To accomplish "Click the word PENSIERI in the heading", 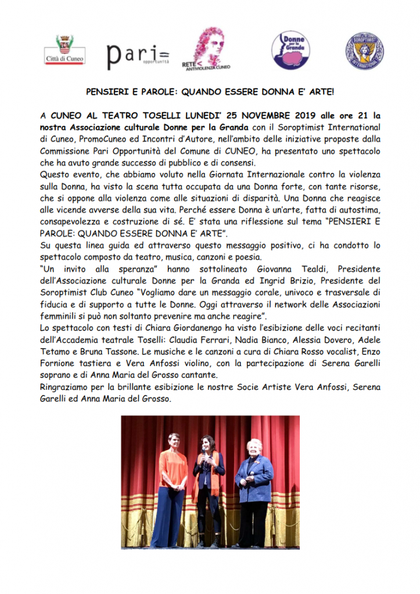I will [106, 92].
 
